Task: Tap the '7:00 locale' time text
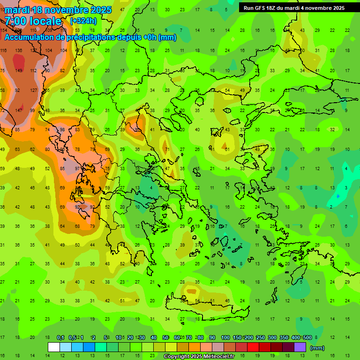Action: pos(33,21)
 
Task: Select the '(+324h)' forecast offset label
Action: pos(83,21)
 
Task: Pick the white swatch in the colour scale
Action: pos(54,347)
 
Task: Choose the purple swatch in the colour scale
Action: pos(300,347)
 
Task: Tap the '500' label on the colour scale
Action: pos(307,337)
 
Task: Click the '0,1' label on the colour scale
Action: pos(60,337)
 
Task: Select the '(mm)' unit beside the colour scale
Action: pos(317,348)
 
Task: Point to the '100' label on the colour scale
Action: pos(225,337)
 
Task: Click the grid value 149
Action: pos(18,71)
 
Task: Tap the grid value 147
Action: pos(18,110)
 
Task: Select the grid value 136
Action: pos(18,51)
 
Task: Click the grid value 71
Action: pos(167,149)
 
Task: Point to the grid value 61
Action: pos(227,149)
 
